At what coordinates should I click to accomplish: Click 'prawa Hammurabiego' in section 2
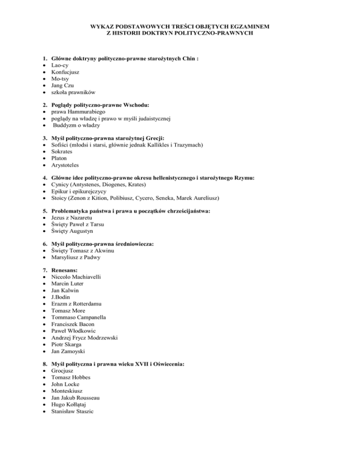click(x=79, y=112)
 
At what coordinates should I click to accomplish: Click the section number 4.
click(x=40, y=179)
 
